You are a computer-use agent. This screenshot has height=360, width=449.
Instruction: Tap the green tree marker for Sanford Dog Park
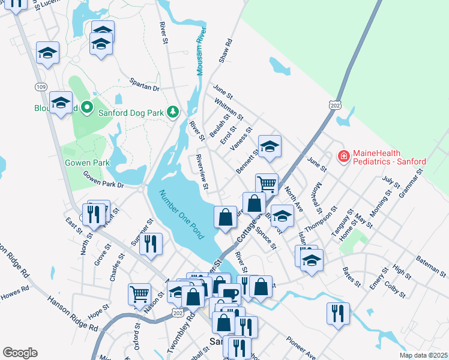173,112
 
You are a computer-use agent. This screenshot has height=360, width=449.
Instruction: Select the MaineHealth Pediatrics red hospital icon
343,157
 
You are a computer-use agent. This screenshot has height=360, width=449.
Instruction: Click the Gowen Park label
87,163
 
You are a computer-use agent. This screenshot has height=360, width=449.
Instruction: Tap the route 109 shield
41,88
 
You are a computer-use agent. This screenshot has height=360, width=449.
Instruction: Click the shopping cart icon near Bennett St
267,184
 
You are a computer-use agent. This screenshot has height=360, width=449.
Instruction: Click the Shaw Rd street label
225,52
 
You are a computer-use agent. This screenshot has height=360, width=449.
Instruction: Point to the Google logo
20,353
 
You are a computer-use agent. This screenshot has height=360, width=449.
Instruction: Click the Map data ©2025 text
423,355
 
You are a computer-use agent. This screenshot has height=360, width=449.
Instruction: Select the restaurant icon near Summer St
151,244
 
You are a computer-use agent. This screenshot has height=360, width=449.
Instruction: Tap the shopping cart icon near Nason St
139,294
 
